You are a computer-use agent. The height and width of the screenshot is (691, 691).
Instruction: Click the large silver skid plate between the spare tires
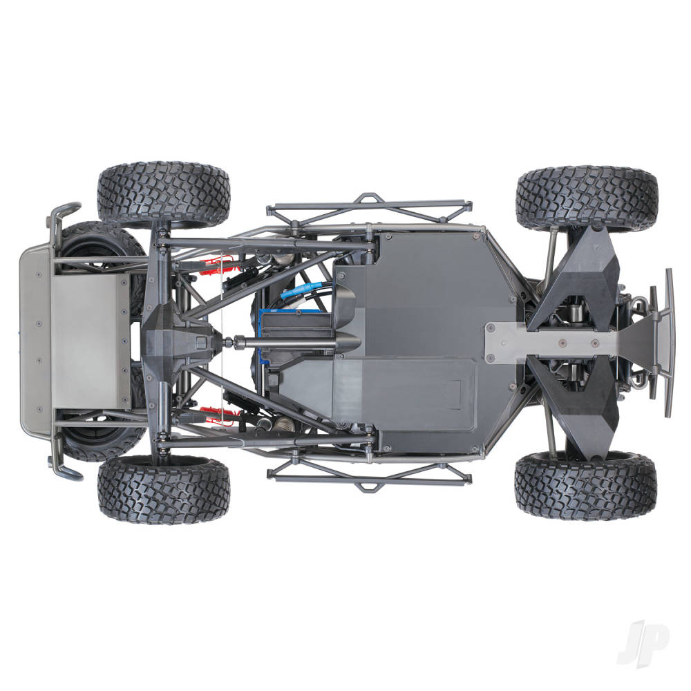click(x=90, y=341)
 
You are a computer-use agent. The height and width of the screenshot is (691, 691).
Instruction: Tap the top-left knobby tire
click(x=163, y=195)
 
